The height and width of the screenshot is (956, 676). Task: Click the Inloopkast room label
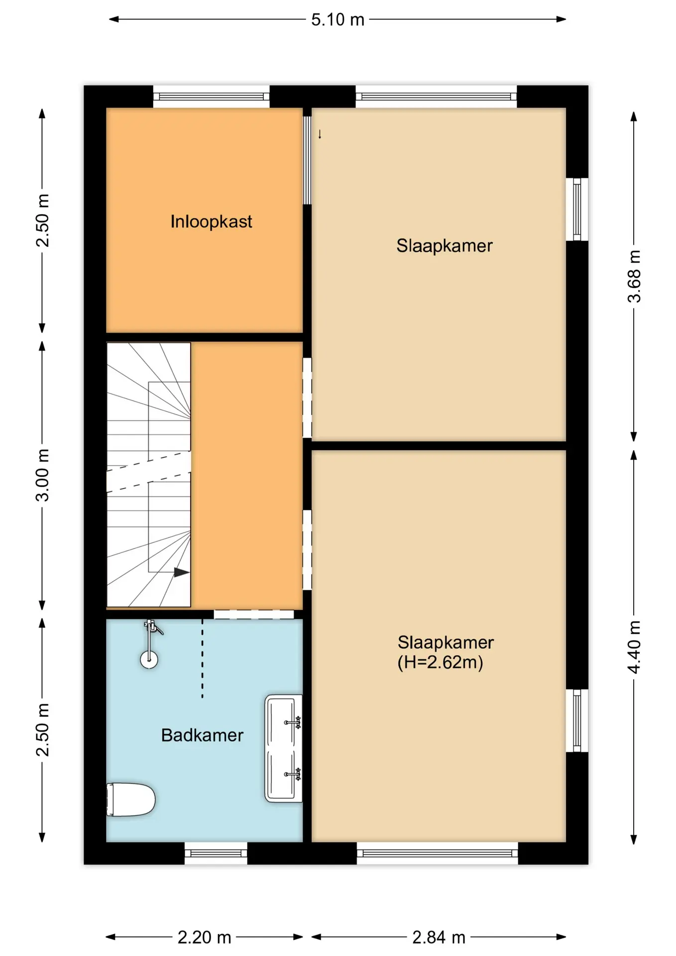coord(211,222)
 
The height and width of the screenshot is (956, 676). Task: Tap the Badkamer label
coord(202,735)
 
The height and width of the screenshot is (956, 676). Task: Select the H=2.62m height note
coord(440,662)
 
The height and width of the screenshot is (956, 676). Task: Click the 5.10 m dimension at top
coord(338,19)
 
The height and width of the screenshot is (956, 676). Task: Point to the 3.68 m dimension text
coord(634,276)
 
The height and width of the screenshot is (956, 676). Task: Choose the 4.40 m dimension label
coord(634,647)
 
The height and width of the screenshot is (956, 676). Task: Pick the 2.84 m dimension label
coord(439,938)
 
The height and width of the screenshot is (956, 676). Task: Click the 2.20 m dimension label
coord(204,938)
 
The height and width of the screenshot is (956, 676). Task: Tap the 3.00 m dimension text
coord(43,475)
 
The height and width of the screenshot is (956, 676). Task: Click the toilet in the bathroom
coord(130,800)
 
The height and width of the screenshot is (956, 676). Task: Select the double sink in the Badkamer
coord(283,748)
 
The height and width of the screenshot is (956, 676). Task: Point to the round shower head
coord(149,660)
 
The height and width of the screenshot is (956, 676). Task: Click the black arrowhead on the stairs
coord(182,573)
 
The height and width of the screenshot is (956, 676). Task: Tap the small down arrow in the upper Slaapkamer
coord(320,134)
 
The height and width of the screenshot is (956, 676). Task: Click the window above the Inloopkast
coord(211,97)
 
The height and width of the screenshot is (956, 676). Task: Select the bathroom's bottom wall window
coord(216,853)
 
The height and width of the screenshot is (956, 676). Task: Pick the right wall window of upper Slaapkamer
coord(577,209)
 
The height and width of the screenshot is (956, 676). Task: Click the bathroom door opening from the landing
coord(254,614)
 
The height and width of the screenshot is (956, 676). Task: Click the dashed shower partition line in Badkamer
coord(202,658)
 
